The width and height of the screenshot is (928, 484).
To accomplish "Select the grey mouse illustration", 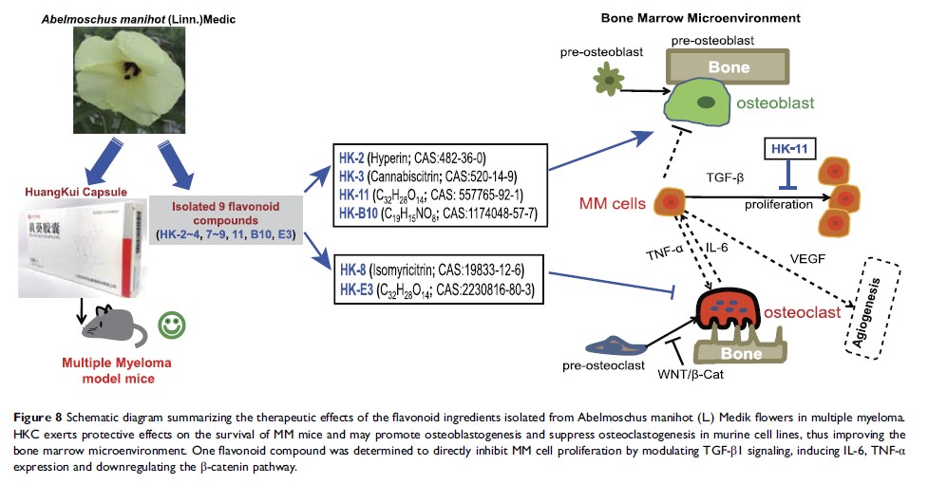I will tap(111, 329).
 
